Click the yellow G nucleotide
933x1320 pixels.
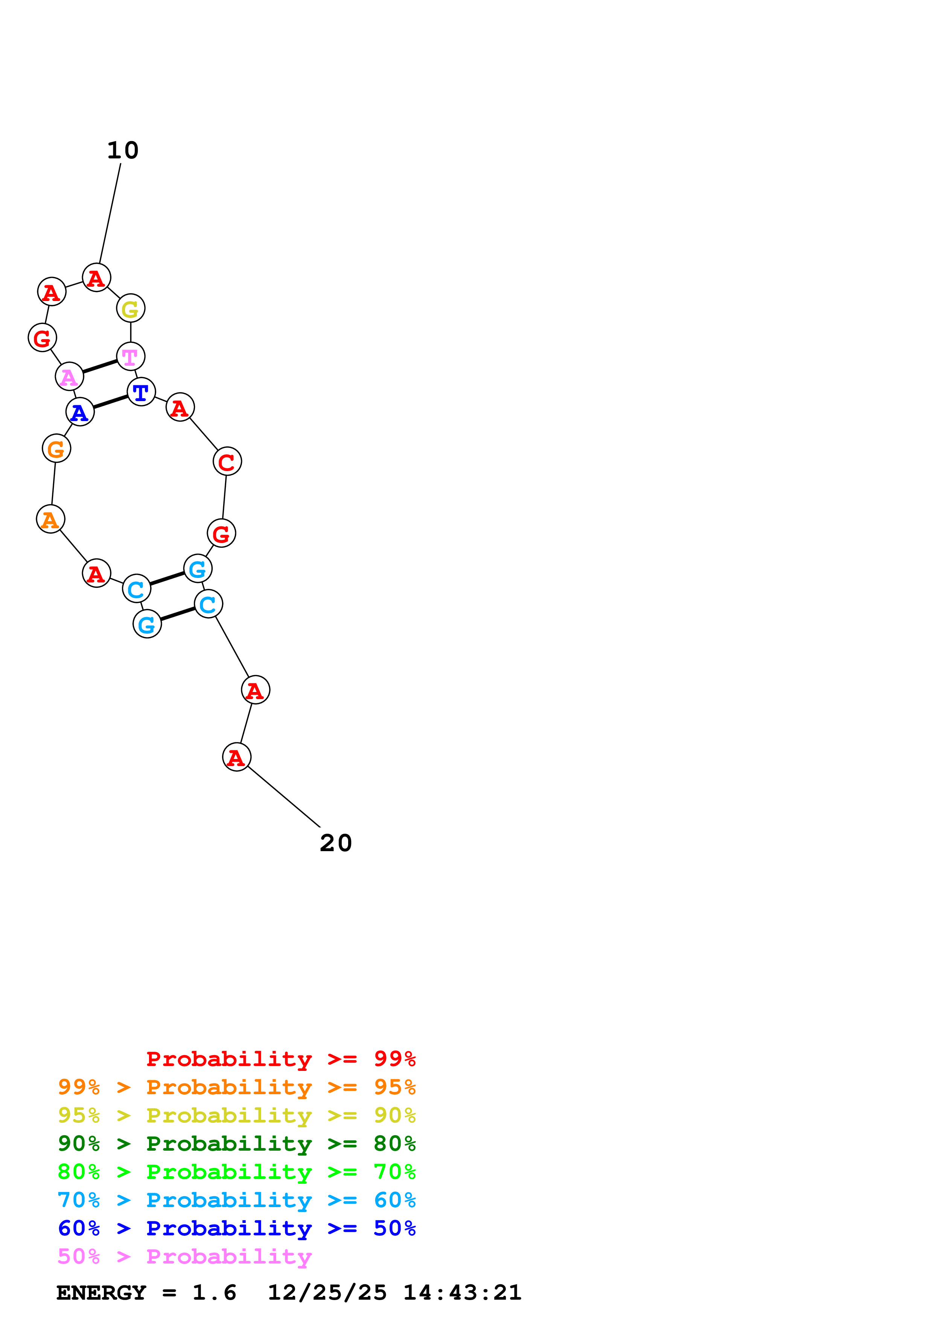coord(131,309)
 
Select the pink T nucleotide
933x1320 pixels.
coord(131,356)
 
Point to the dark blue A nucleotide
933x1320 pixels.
coord(80,412)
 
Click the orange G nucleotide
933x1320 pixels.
coord(56,449)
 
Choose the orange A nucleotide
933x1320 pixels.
coord(50,519)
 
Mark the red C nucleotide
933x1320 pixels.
coord(227,462)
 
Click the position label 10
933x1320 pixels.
coord(122,151)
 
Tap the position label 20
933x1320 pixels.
coord(336,843)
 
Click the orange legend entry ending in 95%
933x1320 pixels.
coord(237,1087)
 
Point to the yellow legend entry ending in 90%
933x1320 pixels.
coord(237,1115)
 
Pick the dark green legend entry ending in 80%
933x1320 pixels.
coord(237,1144)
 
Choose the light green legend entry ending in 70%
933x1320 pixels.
coord(237,1172)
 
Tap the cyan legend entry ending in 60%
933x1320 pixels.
coord(237,1200)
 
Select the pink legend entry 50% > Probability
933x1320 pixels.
coord(184,1256)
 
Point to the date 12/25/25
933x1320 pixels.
coord(327,1293)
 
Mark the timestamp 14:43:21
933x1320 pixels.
coord(462,1293)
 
